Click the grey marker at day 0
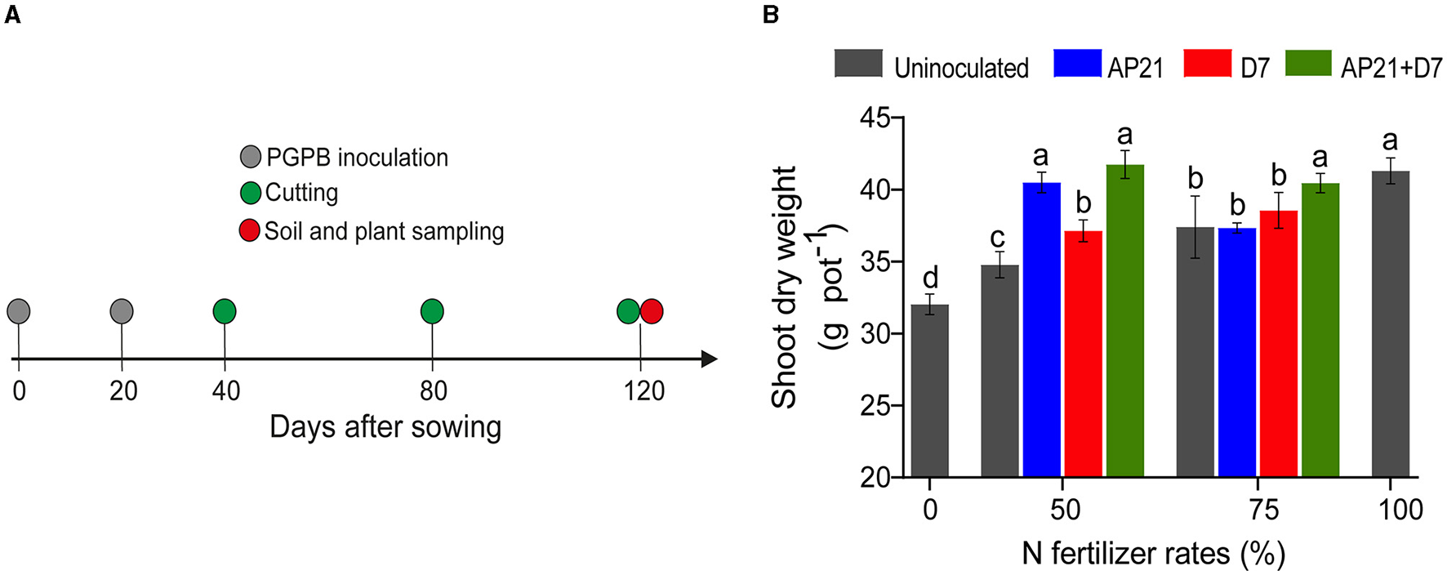coord(19,311)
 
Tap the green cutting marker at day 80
coord(432,311)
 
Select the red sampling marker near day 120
coord(652,311)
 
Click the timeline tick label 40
coord(225,391)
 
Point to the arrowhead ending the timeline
coord(709,359)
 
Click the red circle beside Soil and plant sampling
coord(249,230)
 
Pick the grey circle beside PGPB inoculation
coord(251,157)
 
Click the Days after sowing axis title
coord(385,427)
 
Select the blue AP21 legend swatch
coord(1077,64)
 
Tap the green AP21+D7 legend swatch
coord(1308,64)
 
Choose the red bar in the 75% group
coord(1278,343)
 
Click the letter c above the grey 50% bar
coord(997,238)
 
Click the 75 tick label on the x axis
coord(1263,510)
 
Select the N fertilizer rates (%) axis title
coord(1153,554)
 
